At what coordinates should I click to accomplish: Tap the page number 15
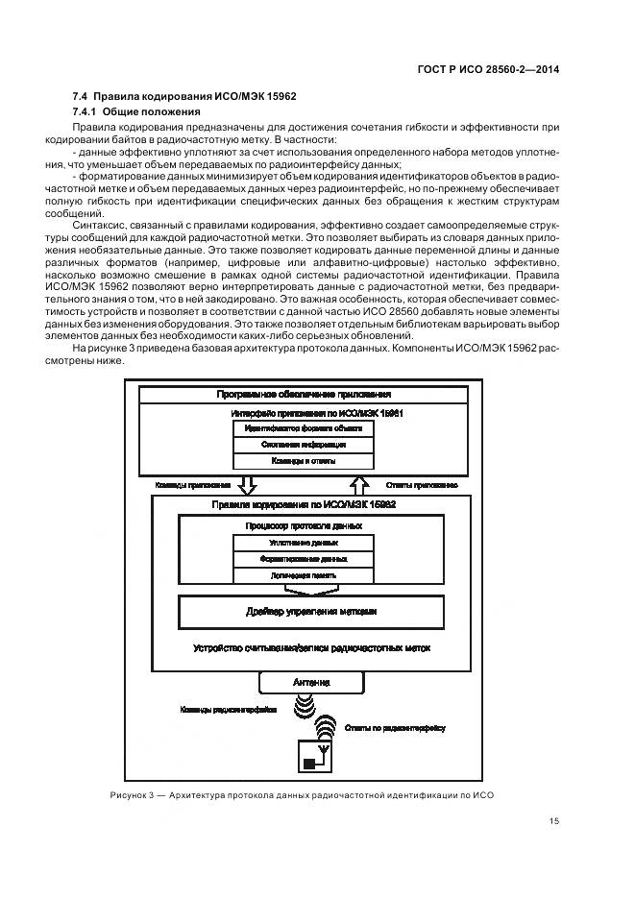pos(554,820)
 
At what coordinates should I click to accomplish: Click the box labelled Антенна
pos(311,682)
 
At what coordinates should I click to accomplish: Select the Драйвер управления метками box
pos(311,611)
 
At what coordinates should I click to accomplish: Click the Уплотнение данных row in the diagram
pos(289,543)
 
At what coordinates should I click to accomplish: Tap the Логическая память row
pos(289,574)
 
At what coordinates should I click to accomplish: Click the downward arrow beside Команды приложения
pos(246,484)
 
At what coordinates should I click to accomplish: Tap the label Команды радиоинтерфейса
pos(228,711)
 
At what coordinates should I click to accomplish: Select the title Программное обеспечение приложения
pos(303,394)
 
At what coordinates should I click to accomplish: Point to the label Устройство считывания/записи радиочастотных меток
pos(311,648)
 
